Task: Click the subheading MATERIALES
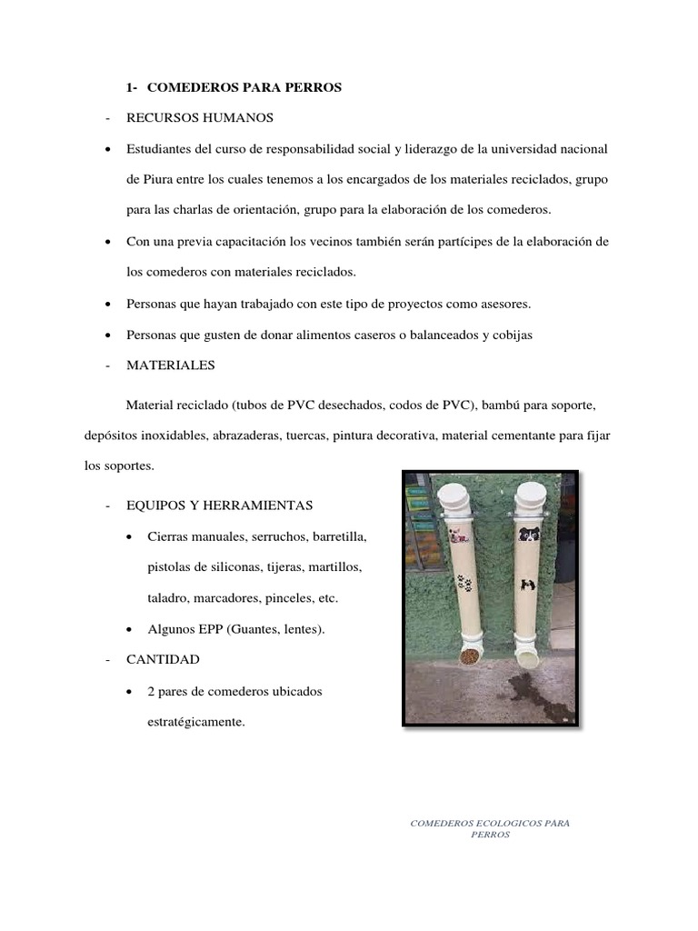pyautogui.click(x=171, y=365)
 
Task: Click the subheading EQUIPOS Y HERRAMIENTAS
pyautogui.click(x=219, y=505)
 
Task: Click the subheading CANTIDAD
pyautogui.click(x=163, y=658)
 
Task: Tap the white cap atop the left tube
pyautogui.click(x=454, y=496)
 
